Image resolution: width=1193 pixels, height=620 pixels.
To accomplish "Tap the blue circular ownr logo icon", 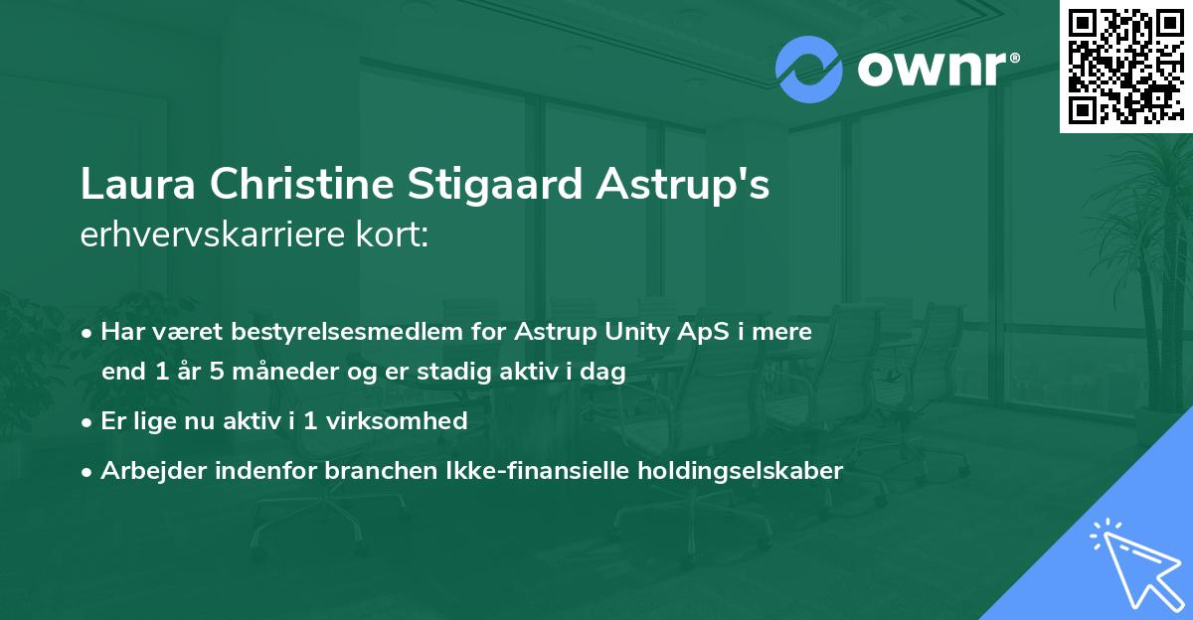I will pyautogui.click(x=809, y=69).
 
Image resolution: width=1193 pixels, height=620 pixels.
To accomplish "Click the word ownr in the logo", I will pyautogui.click(x=936, y=70).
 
